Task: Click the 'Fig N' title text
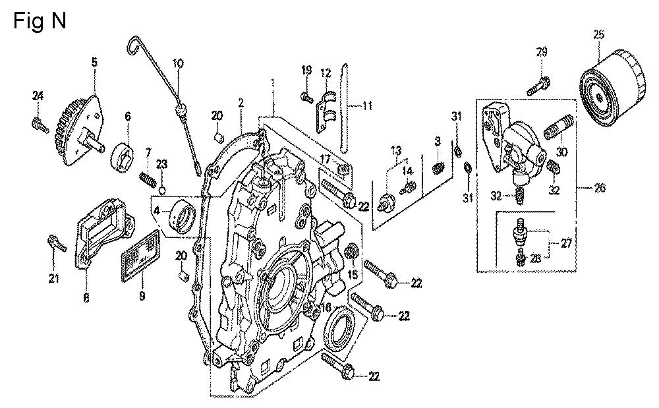(40, 21)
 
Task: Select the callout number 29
(542, 52)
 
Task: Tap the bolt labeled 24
(38, 122)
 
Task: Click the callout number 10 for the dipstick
(177, 63)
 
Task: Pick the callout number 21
(53, 278)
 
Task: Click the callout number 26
(600, 188)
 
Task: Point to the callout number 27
(566, 243)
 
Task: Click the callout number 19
(306, 70)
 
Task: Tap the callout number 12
(325, 72)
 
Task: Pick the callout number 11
(367, 105)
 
